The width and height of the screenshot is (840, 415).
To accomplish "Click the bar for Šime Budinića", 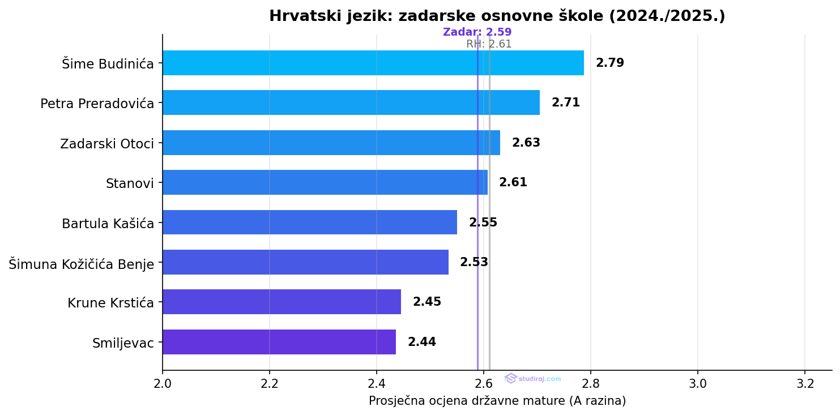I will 373,63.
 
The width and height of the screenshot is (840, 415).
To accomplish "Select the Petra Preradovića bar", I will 351,102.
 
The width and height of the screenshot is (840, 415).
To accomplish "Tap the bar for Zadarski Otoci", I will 331,143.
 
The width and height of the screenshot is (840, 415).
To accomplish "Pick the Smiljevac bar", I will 279,342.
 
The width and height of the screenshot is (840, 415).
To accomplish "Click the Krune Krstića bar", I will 282,302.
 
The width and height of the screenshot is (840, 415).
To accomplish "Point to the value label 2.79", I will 609,63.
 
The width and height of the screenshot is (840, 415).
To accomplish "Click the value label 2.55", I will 483,223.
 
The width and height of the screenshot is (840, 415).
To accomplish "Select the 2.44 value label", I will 421,342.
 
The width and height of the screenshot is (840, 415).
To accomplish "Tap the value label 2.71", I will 565,102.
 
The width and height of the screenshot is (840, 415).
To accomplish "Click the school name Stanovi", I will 130,183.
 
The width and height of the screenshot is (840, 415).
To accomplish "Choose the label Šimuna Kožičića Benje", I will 82,264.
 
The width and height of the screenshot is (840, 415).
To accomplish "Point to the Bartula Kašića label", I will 108,224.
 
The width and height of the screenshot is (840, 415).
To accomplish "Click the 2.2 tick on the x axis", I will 270,383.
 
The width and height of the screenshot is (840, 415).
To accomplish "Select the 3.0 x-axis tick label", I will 698,383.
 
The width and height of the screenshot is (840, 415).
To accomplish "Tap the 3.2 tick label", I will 805,383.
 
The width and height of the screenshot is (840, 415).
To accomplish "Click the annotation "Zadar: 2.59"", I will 477,32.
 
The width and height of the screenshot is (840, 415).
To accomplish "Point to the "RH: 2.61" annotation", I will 489,44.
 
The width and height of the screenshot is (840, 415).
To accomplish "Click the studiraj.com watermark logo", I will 532,379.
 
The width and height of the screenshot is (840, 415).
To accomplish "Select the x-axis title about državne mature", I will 497,401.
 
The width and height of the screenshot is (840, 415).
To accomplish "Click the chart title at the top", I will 497,16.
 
